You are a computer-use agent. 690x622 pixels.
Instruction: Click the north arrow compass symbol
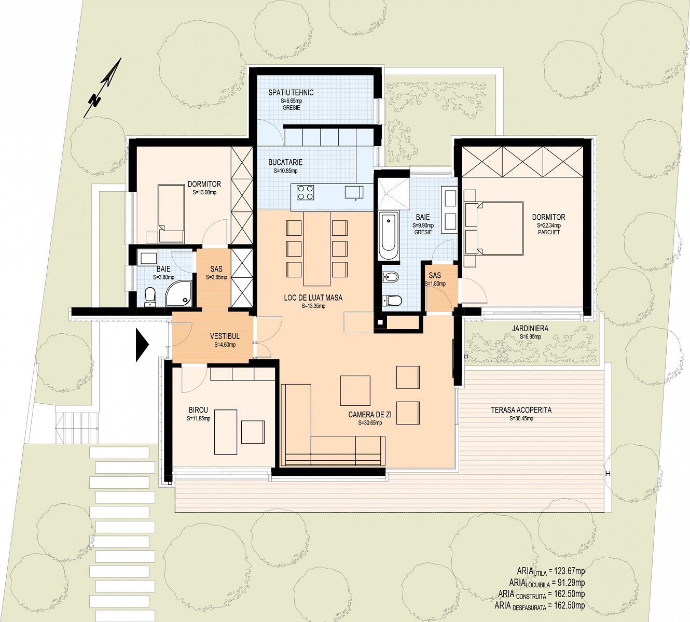[x=103, y=88]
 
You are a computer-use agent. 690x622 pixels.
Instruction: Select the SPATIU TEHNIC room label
[x=291, y=92]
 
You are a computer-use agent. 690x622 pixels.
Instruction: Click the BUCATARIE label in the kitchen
[x=285, y=162]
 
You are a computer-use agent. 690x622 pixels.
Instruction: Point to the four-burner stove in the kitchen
[x=305, y=192]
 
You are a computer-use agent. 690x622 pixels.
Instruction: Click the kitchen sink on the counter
[x=354, y=192]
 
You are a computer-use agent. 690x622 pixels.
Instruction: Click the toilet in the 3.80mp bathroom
[x=150, y=297]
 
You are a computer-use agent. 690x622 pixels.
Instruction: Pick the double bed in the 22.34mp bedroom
[x=493, y=228]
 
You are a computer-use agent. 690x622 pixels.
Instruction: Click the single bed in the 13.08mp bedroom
[x=171, y=214]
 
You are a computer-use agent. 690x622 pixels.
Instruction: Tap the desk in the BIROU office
[x=226, y=432]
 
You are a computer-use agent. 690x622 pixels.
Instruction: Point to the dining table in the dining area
[x=317, y=248]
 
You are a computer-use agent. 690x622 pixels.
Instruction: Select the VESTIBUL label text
[x=225, y=336]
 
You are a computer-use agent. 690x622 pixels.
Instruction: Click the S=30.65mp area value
[x=370, y=423]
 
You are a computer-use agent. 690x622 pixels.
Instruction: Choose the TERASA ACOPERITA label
[x=521, y=410]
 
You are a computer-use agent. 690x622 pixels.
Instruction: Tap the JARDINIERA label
[x=530, y=329]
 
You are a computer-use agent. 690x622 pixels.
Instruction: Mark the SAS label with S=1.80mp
[x=435, y=275]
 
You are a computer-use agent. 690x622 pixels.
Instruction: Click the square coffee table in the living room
[x=355, y=391]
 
